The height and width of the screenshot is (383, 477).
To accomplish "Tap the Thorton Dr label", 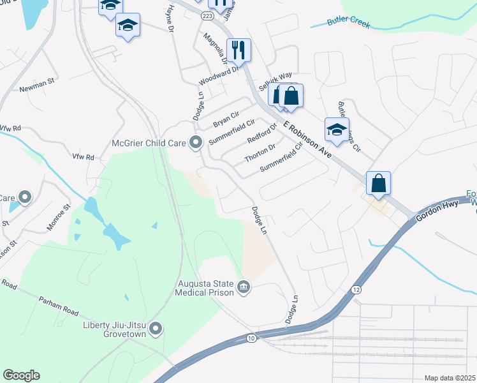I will coord(260,153).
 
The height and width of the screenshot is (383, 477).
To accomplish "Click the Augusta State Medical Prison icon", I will coord(243,288).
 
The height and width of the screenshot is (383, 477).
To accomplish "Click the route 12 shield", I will coord(356,290).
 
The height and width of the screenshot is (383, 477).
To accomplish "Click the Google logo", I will coord(21,375).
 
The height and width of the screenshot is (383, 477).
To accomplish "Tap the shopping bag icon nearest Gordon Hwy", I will coord(378,183).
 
